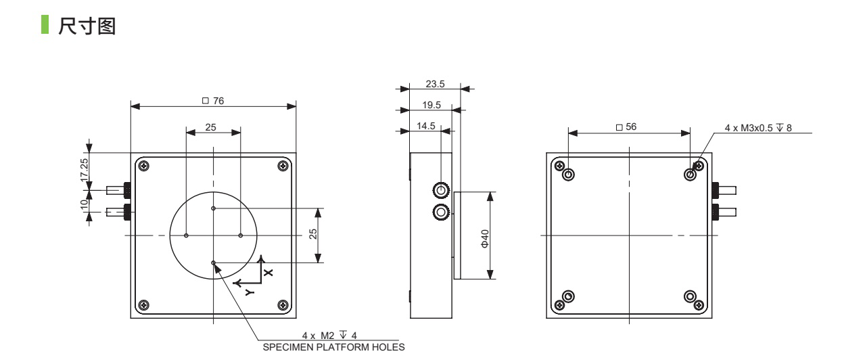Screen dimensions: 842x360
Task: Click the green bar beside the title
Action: pos(45,24)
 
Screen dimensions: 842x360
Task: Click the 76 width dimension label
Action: pos(213,101)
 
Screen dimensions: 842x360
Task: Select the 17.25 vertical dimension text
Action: pos(84,170)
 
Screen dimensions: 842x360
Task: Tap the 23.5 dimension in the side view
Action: pos(435,84)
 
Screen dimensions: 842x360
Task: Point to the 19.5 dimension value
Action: pos(431,105)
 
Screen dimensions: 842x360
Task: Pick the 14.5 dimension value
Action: pos(426,126)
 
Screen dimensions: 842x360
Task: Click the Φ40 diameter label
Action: pos(485,238)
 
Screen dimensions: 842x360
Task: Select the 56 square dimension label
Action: pos(626,127)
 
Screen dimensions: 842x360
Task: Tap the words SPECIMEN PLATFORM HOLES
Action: pos(334,347)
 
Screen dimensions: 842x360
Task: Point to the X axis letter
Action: pos(268,272)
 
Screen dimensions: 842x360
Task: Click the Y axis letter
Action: pos(250,292)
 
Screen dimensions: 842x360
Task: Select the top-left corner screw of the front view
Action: pos(144,166)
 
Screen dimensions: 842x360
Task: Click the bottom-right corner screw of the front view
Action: pos(283,305)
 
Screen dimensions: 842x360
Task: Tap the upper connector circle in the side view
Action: pos(440,190)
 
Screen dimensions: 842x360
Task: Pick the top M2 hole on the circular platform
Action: pos(214,208)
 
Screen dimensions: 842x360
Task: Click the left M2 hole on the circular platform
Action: pos(186,235)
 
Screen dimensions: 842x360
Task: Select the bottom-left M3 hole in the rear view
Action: pos(568,296)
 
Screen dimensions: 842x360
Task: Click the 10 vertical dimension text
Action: pos(84,204)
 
